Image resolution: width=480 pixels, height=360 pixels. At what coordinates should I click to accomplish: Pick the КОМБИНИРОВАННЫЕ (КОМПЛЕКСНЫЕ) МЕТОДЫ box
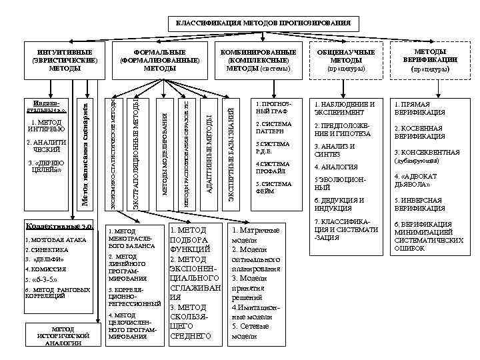tap(257, 59)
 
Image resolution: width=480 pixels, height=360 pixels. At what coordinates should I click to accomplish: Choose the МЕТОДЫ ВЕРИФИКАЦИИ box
tap(435, 59)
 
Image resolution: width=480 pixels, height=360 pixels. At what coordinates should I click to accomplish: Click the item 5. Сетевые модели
tap(249, 331)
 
